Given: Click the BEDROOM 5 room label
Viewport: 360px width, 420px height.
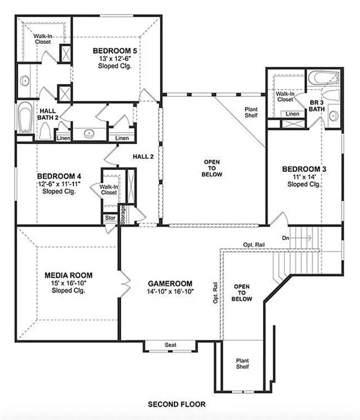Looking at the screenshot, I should click(x=115, y=51).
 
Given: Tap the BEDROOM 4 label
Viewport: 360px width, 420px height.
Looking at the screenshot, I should click(x=59, y=176).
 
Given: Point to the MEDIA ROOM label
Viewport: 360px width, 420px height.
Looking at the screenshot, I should click(x=68, y=275).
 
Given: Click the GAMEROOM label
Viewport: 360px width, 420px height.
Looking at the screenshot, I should click(x=170, y=283).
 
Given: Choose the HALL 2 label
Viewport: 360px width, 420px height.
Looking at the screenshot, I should click(x=143, y=156).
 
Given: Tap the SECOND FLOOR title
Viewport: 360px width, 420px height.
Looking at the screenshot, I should click(x=177, y=405).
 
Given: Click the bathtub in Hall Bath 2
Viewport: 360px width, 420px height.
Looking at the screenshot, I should click(x=25, y=118).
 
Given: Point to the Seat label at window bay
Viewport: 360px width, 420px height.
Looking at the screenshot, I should click(x=170, y=345).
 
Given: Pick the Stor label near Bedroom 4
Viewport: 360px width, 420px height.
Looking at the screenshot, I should click(x=110, y=218).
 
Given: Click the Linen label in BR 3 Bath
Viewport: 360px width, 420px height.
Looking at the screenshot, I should click(x=293, y=114).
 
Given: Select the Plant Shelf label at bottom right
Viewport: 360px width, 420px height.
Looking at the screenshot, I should click(x=243, y=363).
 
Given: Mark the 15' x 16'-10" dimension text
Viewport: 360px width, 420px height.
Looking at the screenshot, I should click(x=68, y=283).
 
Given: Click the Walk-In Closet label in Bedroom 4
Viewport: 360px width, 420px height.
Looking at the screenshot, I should click(x=108, y=189).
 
